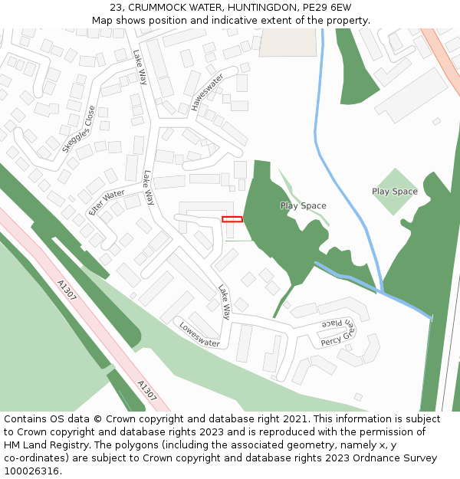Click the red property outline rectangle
pyautogui.click(x=232, y=219)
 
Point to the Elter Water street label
pyautogui.click(x=106, y=202)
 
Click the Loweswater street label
pyautogui.click(x=199, y=333)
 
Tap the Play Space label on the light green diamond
pyautogui.click(x=395, y=192)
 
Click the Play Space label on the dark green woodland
pyautogui.click(x=303, y=205)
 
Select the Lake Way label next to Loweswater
pyautogui.click(x=225, y=302)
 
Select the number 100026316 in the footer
pyautogui.click(x=31, y=471)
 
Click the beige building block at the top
pyautogui.click(x=287, y=42)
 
